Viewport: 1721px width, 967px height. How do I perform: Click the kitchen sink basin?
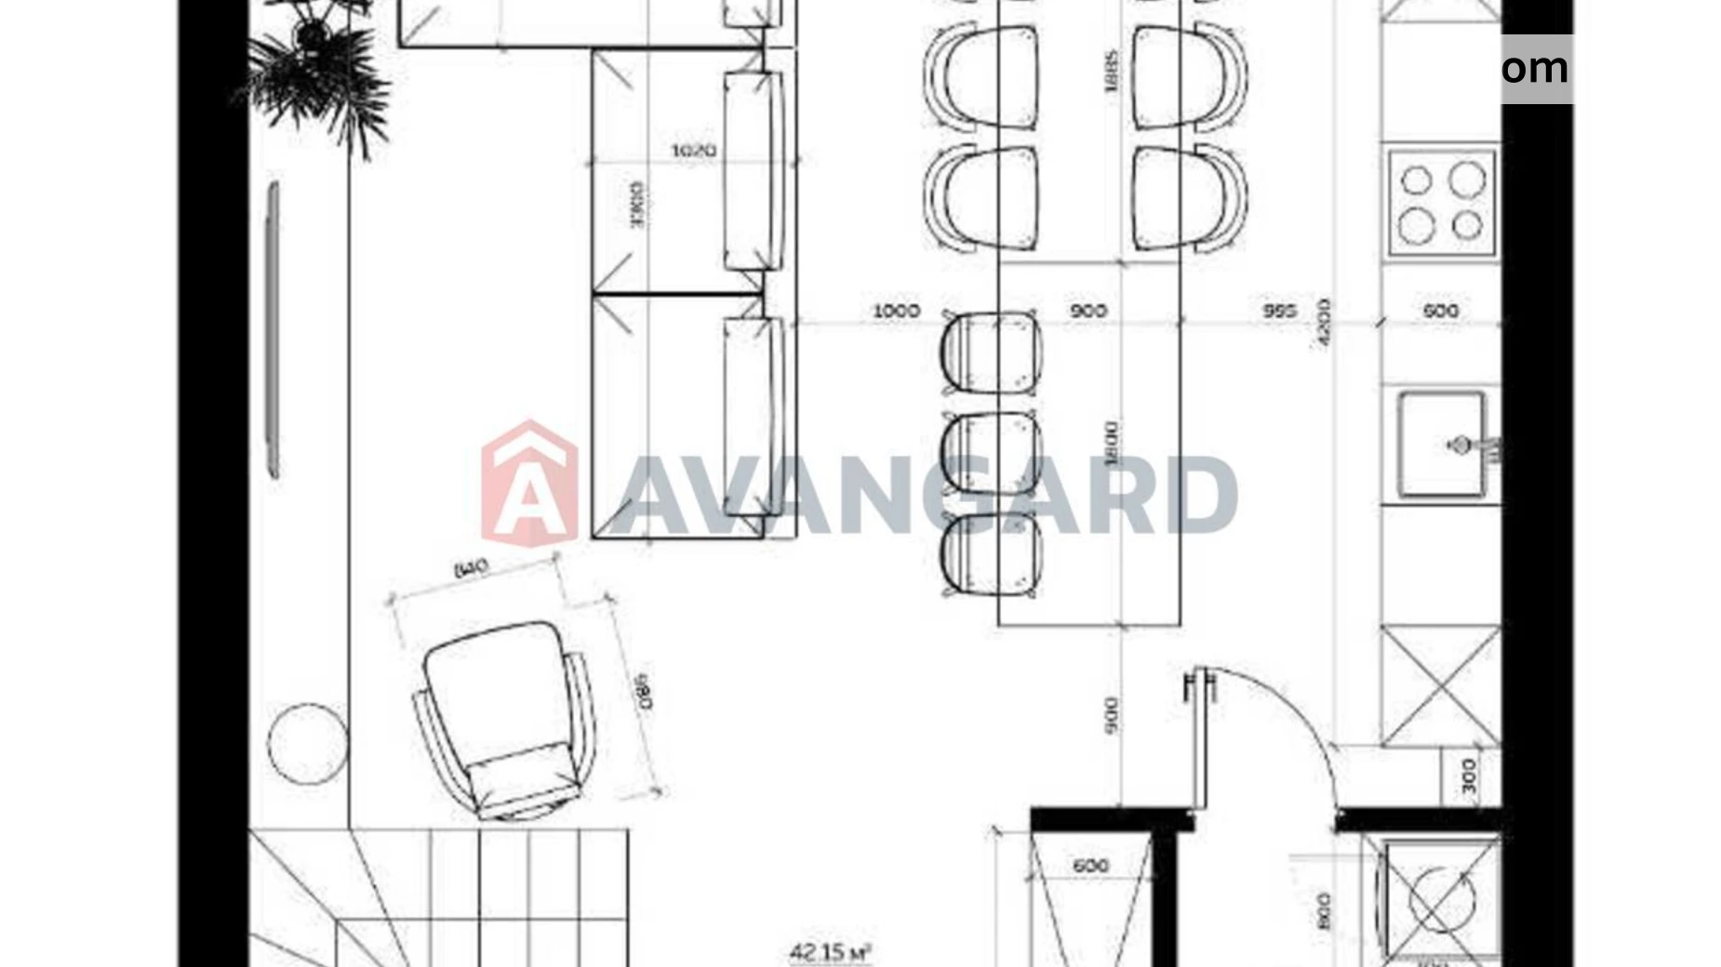(x=1440, y=444)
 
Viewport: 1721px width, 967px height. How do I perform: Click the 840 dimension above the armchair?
(x=471, y=568)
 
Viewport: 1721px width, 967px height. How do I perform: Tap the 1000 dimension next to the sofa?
(x=896, y=311)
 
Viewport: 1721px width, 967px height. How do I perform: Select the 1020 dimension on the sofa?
(x=694, y=150)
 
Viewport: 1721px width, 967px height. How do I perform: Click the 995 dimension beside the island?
(x=1279, y=311)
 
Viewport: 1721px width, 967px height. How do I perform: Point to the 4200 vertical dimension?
(x=1324, y=323)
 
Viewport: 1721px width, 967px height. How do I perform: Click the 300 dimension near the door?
(x=1469, y=776)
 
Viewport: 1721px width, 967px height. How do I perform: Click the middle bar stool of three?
(x=991, y=453)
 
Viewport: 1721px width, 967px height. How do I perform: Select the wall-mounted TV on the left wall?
(x=273, y=330)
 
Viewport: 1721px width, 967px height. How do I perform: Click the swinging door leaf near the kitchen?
(x=1199, y=739)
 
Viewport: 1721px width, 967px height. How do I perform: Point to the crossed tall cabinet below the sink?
(x=1440, y=686)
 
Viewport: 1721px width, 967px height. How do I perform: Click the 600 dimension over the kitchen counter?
(x=1440, y=311)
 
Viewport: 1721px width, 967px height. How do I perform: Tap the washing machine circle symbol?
(x=1440, y=898)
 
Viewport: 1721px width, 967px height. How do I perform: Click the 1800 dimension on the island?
(x=1113, y=444)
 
